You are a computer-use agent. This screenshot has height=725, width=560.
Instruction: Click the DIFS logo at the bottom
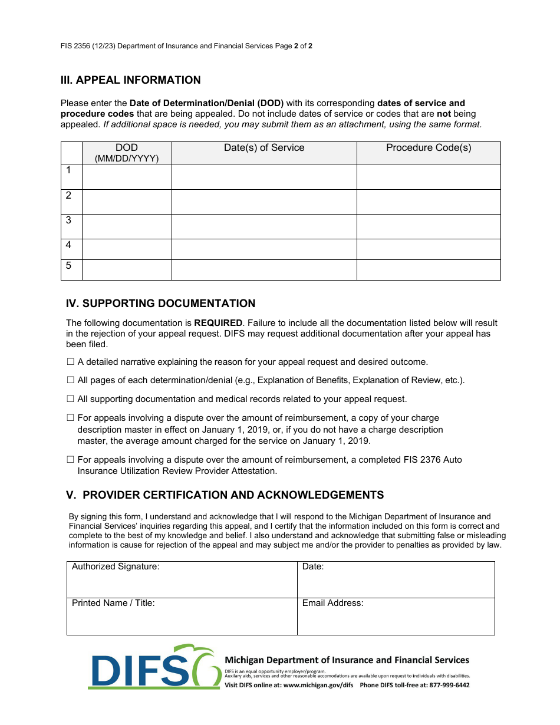(x=154, y=667)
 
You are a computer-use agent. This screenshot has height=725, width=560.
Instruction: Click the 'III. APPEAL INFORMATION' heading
(x=130, y=80)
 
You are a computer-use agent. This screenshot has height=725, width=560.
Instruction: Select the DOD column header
(x=127, y=153)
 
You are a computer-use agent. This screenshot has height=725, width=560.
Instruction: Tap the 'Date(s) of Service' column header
(x=264, y=148)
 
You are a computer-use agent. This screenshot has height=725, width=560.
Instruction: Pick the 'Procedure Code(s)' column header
(x=429, y=148)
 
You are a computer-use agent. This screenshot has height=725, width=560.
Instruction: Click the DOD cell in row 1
(x=127, y=177)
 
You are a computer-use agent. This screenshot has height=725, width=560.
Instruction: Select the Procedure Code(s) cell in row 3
(x=429, y=226)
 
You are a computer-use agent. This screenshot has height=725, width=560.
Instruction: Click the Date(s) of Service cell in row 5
(x=264, y=270)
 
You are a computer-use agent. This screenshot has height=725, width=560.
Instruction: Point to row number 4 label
(x=69, y=245)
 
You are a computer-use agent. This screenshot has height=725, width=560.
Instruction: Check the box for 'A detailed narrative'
(x=70, y=362)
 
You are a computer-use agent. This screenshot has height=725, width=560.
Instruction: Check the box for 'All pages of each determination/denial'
(x=70, y=380)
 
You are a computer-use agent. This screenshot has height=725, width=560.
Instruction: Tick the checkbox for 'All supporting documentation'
(x=70, y=399)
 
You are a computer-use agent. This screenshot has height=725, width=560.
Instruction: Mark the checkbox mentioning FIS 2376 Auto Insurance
(x=70, y=460)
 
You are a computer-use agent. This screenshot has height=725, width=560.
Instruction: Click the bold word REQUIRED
(x=218, y=323)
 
